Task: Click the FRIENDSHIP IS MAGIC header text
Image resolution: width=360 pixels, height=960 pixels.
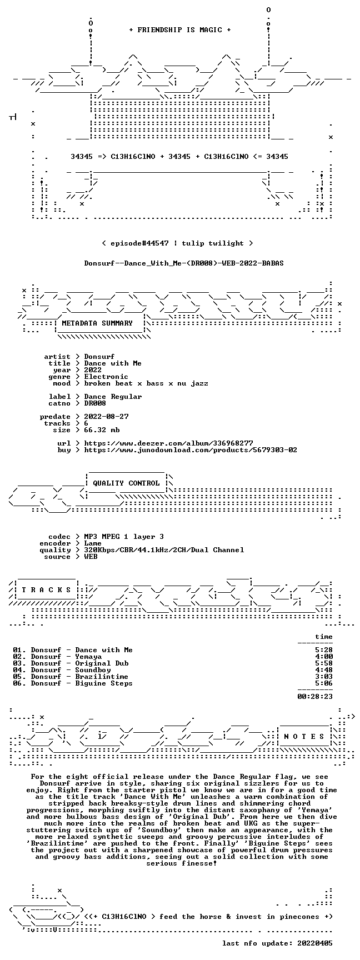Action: point(180,30)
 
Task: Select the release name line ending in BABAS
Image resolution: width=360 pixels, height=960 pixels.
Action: point(184,263)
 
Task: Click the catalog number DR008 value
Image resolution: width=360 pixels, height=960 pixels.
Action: point(95,403)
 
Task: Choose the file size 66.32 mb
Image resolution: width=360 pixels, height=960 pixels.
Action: point(102,430)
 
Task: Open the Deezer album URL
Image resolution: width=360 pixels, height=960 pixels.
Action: point(169,443)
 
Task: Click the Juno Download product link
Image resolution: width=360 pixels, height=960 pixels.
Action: point(191,450)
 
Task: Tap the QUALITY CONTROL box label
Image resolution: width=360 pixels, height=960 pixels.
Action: point(126,483)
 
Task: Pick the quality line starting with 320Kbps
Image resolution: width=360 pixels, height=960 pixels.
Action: point(164,550)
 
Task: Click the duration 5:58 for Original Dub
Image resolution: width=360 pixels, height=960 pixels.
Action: point(324,663)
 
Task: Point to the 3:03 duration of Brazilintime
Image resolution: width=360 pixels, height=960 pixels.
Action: point(324,677)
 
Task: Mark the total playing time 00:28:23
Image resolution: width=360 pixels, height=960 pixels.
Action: point(315,696)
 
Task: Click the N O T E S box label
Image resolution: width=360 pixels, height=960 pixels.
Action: point(304,737)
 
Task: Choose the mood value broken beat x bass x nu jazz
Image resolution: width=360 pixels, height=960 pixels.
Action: point(146,383)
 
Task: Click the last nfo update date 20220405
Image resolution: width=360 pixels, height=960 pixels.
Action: point(315,943)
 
